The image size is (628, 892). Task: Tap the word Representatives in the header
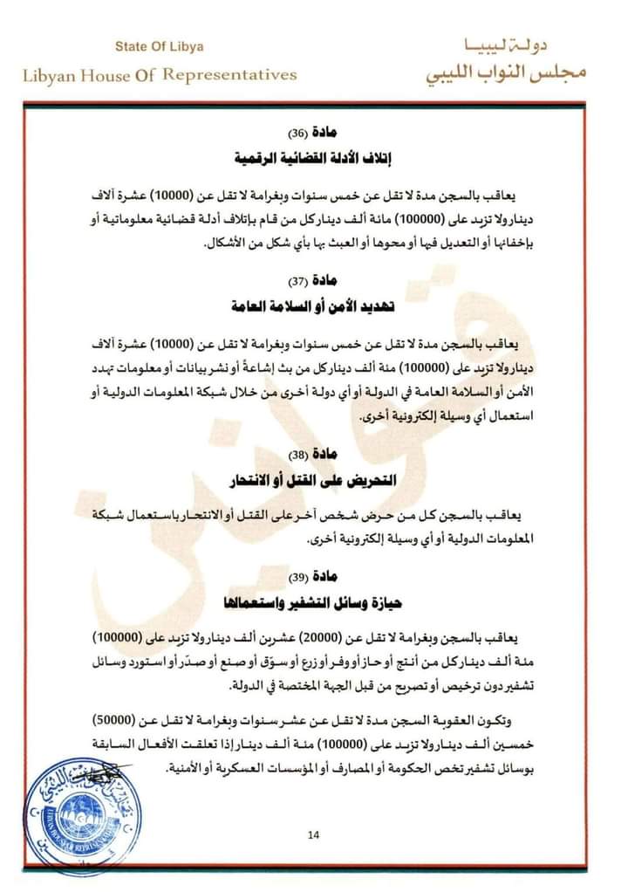click(x=231, y=75)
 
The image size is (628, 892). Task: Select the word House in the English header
click(x=104, y=75)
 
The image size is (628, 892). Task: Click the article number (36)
click(x=297, y=134)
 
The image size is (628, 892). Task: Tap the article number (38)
click(x=297, y=454)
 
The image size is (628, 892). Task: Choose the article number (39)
click(x=297, y=577)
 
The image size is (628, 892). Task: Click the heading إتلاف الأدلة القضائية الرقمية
click(x=315, y=160)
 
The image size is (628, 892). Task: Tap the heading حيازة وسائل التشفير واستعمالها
click(x=315, y=603)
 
